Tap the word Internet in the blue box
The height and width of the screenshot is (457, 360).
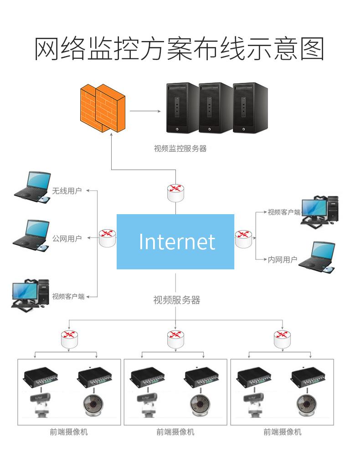point(176,241)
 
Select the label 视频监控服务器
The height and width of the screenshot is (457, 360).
point(180,148)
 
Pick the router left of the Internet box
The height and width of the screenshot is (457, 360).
point(107,237)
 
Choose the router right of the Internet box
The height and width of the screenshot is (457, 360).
point(243,238)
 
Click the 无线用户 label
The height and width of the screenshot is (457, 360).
point(67,191)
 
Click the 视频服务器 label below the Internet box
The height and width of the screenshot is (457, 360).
point(176,300)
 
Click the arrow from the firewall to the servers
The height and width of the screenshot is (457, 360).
point(146,111)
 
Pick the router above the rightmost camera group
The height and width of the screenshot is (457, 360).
point(283,339)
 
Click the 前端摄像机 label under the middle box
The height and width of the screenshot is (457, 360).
point(175,431)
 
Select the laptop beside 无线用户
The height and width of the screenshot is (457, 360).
point(32,187)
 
